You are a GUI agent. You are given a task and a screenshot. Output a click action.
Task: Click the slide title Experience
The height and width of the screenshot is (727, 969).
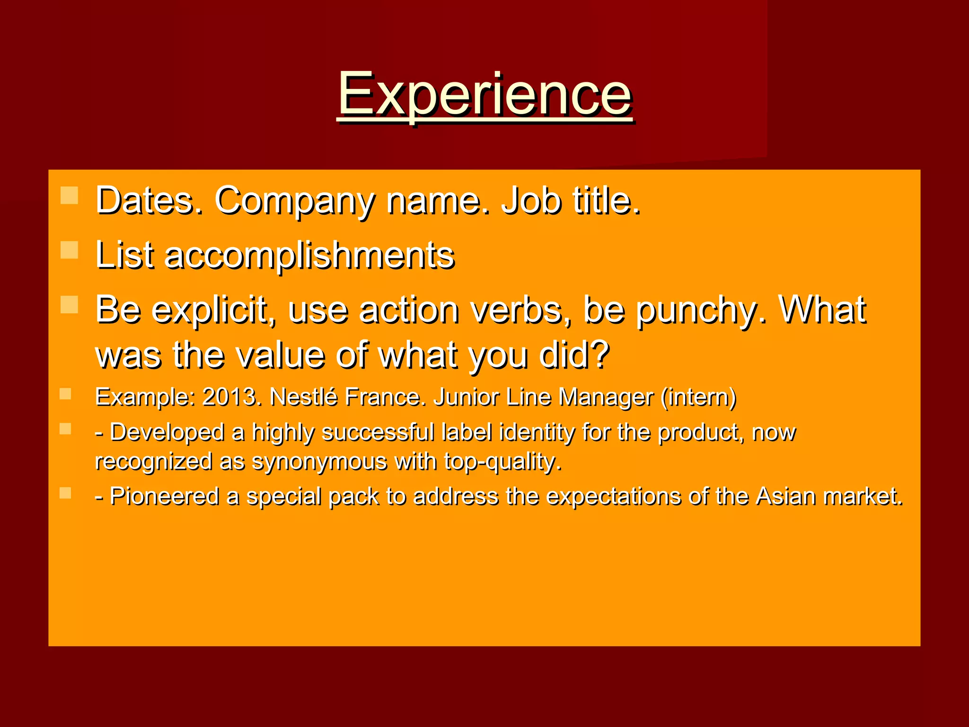coord(484,95)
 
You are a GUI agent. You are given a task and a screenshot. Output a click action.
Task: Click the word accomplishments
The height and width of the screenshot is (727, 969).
coord(309,256)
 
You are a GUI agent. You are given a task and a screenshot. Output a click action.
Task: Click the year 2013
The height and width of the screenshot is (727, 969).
coord(231,397)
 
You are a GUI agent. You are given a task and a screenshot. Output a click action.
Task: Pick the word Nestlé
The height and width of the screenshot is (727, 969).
coord(303,397)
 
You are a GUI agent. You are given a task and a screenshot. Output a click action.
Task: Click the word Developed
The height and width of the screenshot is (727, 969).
coord(167,432)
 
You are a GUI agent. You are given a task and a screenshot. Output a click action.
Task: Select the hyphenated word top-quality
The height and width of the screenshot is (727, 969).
coord(502,462)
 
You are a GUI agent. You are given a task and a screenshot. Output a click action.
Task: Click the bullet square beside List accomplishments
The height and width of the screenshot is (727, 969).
coord(70,250)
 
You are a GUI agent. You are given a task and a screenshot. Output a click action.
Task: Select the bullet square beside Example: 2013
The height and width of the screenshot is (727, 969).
coord(65,394)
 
